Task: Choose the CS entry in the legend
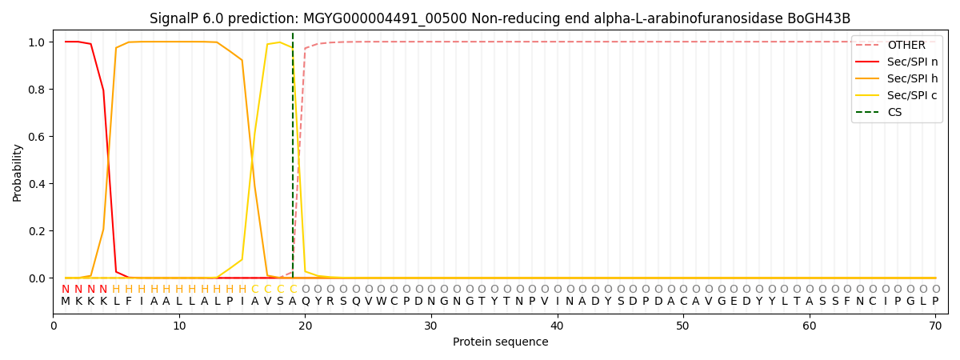point(894,112)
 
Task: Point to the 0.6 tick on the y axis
point(37,137)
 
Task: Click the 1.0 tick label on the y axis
point(37,42)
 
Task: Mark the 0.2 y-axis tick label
point(37,231)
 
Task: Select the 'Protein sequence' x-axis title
point(500,342)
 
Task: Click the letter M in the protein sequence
point(66,302)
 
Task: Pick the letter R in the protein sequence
point(330,302)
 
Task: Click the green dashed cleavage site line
point(293,160)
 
